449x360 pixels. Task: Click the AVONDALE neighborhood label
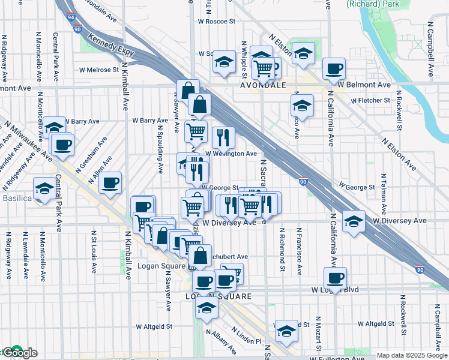click(263, 85)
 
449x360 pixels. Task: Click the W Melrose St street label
click(99, 70)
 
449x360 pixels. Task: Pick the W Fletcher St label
click(371, 100)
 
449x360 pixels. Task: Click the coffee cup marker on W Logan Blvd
click(334, 277)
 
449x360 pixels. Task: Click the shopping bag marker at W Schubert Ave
click(202, 254)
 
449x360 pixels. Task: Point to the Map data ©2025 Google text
click(412, 356)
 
